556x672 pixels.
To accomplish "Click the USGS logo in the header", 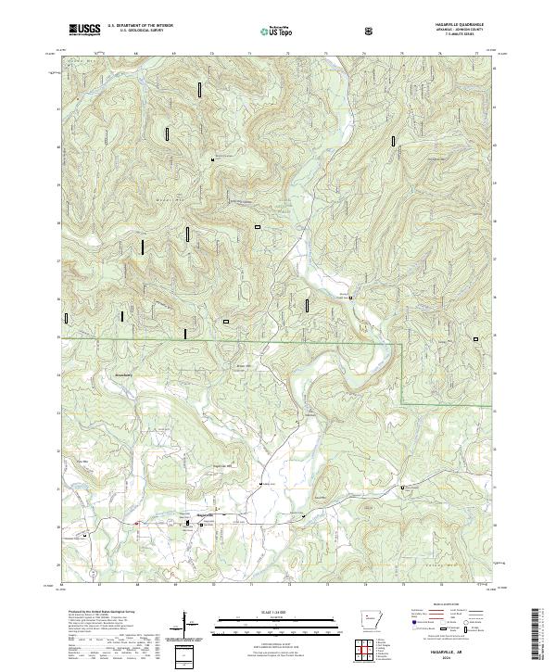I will (x=84, y=30).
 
